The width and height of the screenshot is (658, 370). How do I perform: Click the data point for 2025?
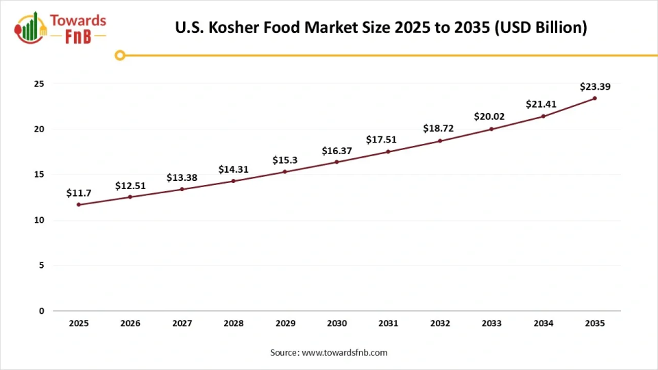pyautogui.click(x=79, y=205)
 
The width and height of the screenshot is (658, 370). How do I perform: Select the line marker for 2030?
pyautogui.click(x=337, y=162)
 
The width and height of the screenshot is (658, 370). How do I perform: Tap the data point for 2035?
pyautogui.click(x=595, y=98)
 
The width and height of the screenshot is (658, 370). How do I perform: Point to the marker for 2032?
pyautogui.click(x=440, y=140)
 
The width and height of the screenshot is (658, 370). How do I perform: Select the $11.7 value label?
pyautogui.click(x=79, y=193)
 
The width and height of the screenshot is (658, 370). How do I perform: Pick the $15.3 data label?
pyautogui.click(x=284, y=160)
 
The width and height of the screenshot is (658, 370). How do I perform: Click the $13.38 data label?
pyautogui.click(x=182, y=177)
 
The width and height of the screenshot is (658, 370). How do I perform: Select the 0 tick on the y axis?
pyautogui.click(x=41, y=311)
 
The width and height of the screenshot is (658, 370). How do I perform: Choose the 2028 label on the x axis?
pyautogui.click(x=234, y=323)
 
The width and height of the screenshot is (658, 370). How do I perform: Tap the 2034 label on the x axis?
pyautogui.click(x=544, y=323)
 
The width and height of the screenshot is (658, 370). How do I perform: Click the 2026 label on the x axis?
pyautogui.click(x=130, y=323)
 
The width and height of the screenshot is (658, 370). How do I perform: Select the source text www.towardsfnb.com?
pyautogui.click(x=345, y=352)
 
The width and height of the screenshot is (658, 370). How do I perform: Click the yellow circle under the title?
pyautogui.click(x=120, y=55)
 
